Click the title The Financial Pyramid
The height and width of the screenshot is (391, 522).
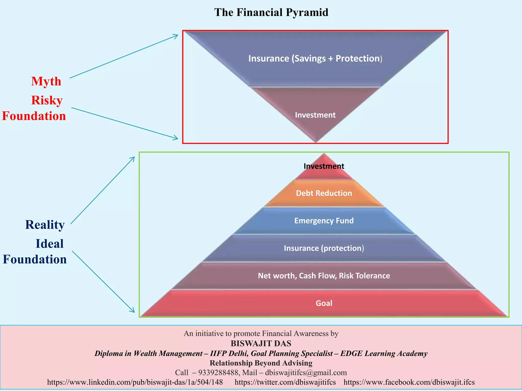[271, 12]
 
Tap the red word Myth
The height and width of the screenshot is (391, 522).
[46, 81]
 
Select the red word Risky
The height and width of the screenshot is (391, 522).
[47, 100]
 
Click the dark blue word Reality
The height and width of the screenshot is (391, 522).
[45, 225]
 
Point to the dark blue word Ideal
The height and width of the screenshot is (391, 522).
[49, 244]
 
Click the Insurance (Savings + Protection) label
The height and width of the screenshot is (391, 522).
[315, 59]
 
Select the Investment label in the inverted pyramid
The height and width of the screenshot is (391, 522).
[315, 115]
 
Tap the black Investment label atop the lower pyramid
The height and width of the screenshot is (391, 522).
[324, 166]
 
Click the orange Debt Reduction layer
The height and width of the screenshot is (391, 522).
[324, 193]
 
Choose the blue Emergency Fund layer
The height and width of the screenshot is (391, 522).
[324, 221]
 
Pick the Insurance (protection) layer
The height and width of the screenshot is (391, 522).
[324, 248]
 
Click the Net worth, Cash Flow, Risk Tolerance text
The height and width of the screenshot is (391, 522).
[324, 276]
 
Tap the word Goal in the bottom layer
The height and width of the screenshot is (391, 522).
[324, 303]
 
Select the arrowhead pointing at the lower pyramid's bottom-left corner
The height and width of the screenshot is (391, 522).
[133, 311]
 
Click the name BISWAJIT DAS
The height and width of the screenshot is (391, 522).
[261, 344]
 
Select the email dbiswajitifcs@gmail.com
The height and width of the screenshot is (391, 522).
[306, 373]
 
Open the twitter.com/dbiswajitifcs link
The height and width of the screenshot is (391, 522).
[285, 382]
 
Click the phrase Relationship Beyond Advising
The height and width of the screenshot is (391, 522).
[261, 363]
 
